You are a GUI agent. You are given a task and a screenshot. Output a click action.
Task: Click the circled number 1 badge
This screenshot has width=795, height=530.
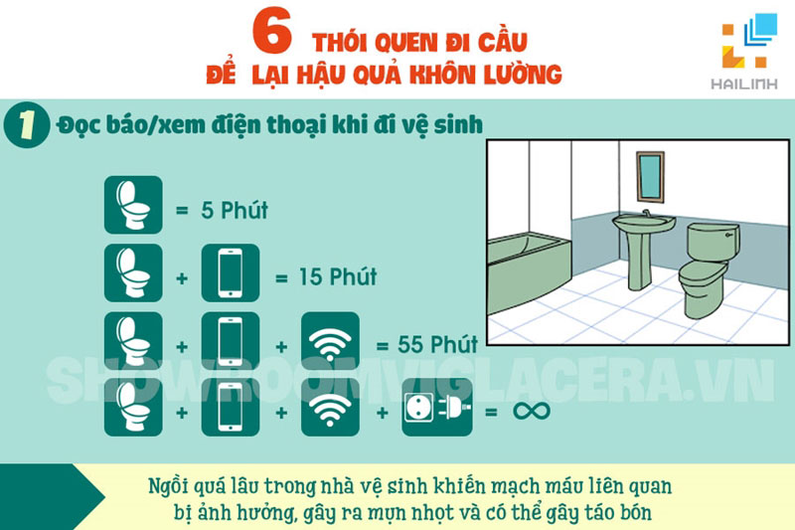(26, 129)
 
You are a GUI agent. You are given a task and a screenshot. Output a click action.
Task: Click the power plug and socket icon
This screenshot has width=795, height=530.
(431, 410)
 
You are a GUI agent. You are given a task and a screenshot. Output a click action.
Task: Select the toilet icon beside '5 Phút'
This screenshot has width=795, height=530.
(132, 205)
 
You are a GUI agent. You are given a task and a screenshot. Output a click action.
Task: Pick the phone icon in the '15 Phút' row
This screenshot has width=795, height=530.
(230, 272)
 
